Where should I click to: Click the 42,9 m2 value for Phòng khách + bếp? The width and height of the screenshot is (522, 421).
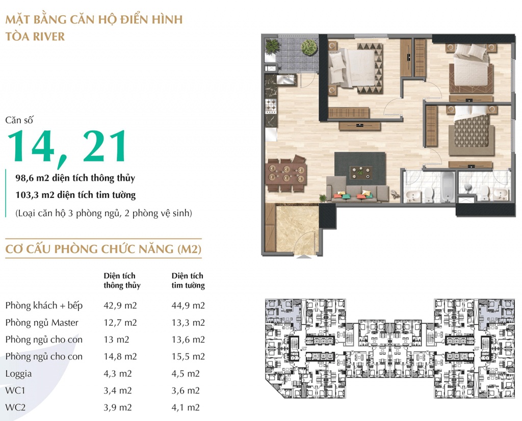120,305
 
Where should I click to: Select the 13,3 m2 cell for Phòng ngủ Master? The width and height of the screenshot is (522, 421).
188,323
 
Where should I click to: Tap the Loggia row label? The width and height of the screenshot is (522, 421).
19,374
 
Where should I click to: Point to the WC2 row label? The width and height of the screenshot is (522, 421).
15,407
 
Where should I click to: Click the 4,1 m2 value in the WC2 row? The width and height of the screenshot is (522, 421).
186,407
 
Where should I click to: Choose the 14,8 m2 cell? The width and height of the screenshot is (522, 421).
120,356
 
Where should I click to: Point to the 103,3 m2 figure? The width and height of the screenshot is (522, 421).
35,195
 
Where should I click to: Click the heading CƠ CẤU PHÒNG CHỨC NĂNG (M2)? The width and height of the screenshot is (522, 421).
103,249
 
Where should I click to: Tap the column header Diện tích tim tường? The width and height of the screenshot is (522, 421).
188,280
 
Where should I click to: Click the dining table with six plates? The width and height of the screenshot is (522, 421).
286,173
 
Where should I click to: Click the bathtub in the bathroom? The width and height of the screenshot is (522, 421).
448,187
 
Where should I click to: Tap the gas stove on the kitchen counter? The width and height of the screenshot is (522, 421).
271,106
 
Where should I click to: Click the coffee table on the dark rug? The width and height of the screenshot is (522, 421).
360,172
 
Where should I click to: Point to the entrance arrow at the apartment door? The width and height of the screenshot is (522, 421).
304,256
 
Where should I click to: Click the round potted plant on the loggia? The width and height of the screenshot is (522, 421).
309,47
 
